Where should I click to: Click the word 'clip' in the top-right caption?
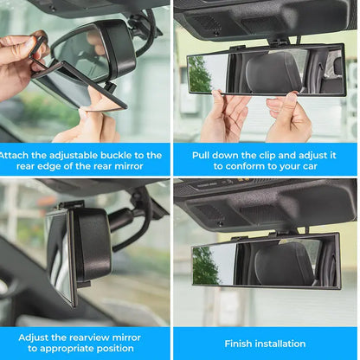268,156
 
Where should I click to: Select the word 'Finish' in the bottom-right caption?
241,344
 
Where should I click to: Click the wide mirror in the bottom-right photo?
265,260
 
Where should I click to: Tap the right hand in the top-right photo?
290,117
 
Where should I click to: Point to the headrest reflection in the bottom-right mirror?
281,263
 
